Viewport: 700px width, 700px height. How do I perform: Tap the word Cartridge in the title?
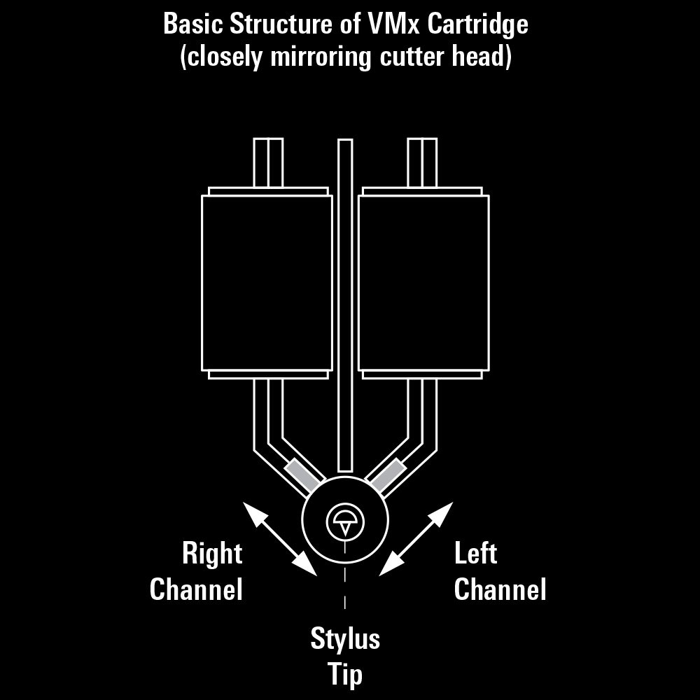coord(477,25)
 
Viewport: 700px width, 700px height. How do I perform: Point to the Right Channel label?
coord(197,571)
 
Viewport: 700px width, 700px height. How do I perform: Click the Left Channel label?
coord(500,571)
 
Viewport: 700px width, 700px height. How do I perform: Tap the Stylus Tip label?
coord(345,657)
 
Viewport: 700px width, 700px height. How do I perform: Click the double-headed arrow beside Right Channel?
coord(280,539)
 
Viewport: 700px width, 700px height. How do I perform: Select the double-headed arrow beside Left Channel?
coord(416,539)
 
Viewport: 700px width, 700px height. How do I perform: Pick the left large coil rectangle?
coord(267,283)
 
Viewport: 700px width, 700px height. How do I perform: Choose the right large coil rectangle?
coord(423,283)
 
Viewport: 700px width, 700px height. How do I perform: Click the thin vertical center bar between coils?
coord(345,305)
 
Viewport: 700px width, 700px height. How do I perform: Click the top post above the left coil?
coord(268,163)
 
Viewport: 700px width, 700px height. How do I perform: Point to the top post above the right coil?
coord(422,163)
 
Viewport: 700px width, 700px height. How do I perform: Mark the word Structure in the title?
coord(281,24)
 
